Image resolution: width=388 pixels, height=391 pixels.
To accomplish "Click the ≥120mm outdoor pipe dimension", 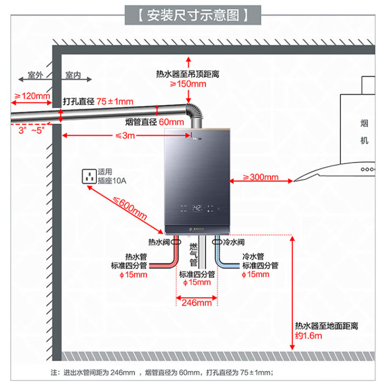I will (32, 96).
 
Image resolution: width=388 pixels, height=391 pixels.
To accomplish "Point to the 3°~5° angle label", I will (32, 131).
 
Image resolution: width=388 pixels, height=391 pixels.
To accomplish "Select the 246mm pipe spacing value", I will (197, 303).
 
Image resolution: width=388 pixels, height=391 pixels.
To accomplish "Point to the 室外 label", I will (35, 76).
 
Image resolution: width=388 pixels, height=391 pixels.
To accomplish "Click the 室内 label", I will (73, 76).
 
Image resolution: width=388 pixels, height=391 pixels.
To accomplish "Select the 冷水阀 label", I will (234, 242).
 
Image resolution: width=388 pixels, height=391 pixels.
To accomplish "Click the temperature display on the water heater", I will (197, 209).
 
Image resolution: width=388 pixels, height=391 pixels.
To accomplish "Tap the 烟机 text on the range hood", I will (364, 132).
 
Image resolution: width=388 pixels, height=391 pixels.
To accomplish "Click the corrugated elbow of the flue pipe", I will (193, 113).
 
